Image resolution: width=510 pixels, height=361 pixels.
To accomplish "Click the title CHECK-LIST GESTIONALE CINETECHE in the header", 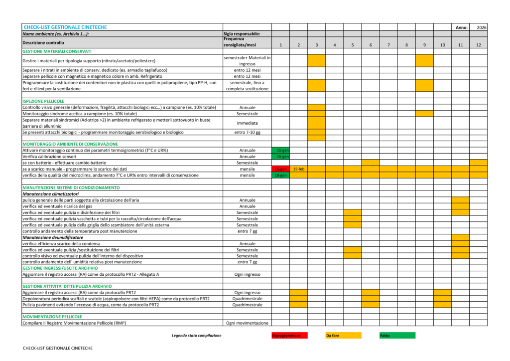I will [65, 27].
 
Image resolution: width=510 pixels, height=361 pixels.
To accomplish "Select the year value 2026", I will [481, 27].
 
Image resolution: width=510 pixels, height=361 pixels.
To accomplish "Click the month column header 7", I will [388, 45].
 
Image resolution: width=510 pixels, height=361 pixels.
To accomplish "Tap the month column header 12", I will [478, 45].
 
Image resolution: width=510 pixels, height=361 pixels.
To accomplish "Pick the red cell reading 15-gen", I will [281, 169].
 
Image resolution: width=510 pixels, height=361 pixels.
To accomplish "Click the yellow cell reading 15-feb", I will [299, 169].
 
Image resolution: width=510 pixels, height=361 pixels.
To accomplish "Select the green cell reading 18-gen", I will [281, 176].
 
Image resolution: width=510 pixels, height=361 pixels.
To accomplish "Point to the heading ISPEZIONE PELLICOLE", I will [43, 101].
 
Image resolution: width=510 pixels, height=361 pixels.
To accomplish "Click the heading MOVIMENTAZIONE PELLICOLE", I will [52, 317].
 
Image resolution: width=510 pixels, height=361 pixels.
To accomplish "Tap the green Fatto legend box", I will [397, 336].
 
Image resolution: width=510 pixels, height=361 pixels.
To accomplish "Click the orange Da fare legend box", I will [343, 336].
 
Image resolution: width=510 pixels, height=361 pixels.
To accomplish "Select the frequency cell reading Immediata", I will [248, 123].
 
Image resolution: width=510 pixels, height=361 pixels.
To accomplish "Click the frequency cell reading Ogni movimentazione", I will [248, 323].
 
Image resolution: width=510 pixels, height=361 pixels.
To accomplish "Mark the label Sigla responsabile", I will [242, 33].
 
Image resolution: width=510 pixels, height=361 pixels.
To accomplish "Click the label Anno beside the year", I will [461, 27].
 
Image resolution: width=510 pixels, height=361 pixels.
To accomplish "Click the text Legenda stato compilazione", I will [196, 336].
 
